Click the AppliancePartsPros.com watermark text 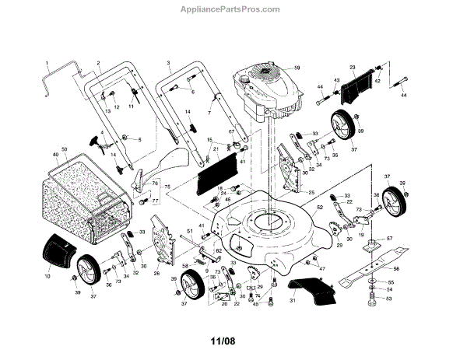(233, 9)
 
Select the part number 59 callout (297, 69)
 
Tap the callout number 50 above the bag (65, 149)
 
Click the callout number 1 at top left (47, 62)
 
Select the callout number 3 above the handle (168, 61)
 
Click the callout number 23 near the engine (353, 68)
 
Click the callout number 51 (189, 231)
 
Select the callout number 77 (155, 200)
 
